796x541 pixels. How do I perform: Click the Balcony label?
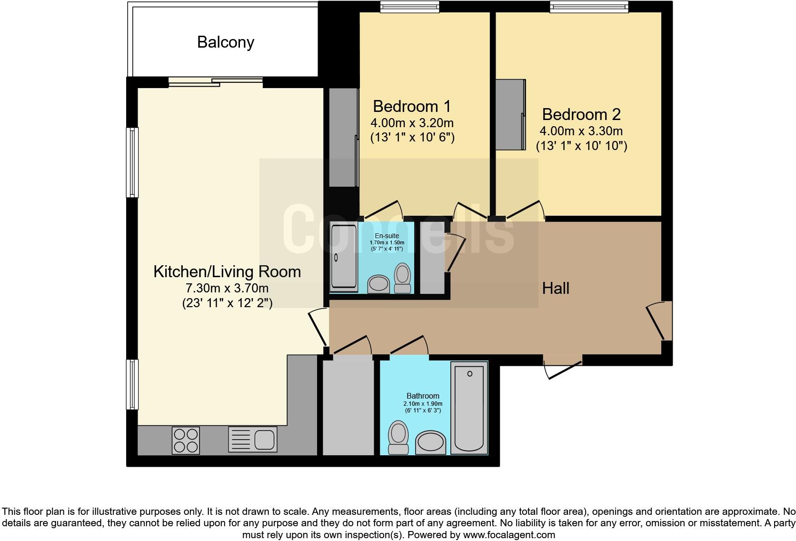pos(226,42)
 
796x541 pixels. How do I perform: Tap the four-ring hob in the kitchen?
pos(186,440)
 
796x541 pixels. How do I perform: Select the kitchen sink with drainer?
pos(252,439)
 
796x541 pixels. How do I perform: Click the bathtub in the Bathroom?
pos(469,408)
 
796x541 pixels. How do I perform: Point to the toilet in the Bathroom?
pos(398,437)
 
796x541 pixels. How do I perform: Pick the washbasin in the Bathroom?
pos(431,442)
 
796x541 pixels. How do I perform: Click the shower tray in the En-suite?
pos(344,257)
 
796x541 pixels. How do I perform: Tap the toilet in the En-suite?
pos(403,278)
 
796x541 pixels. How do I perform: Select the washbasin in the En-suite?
pos(379,284)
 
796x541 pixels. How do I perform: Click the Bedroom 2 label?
pos(581,114)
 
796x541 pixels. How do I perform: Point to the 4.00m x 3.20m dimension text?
pos(412,123)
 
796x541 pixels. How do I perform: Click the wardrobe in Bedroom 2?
pos(510,114)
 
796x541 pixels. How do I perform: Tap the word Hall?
pos(556,288)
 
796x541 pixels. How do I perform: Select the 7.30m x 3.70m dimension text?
pos(227,288)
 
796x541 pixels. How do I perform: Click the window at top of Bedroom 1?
pos(409,6)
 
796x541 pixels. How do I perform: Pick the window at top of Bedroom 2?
pos(588,6)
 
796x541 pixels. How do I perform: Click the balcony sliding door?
pos(215,82)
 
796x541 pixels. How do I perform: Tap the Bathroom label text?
pos(423,396)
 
